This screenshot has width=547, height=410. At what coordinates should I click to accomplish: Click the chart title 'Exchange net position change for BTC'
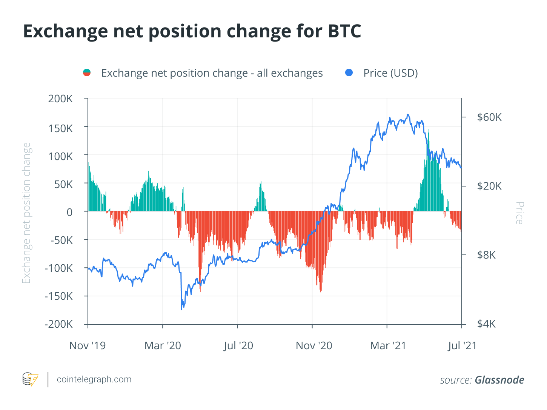tap(192, 31)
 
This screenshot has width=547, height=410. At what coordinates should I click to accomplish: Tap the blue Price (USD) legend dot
tap(349, 72)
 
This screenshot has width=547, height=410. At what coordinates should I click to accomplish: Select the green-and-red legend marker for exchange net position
tap(87, 72)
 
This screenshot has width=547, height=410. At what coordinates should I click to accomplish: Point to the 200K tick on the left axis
tap(60, 99)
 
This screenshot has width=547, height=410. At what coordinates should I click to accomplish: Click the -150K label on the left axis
tap(59, 296)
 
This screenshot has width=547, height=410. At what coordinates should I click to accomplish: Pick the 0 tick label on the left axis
tap(69, 212)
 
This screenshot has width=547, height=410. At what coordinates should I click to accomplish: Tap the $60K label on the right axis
tap(489, 117)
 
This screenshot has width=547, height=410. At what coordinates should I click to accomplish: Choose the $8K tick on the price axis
tap(486, 255)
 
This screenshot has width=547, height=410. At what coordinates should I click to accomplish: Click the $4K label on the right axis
tap(486, 324)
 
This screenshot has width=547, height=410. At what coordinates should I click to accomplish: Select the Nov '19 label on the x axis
tap(88, 345)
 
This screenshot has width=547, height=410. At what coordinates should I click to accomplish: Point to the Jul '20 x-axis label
tap(238, 345)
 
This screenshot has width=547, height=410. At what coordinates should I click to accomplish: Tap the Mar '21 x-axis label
tap(388, 345)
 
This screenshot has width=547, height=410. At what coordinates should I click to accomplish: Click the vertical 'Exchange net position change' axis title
tap(26, 213)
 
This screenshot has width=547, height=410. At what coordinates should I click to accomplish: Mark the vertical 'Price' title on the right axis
tap(519, 213)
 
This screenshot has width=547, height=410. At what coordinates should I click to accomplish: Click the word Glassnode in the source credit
tap(499, 380)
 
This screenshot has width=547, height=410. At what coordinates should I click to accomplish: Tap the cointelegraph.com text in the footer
tap(94, 379)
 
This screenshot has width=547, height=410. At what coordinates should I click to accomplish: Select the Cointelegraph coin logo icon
tap(30, 379)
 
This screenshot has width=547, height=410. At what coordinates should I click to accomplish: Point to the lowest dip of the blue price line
tap(181, 309)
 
